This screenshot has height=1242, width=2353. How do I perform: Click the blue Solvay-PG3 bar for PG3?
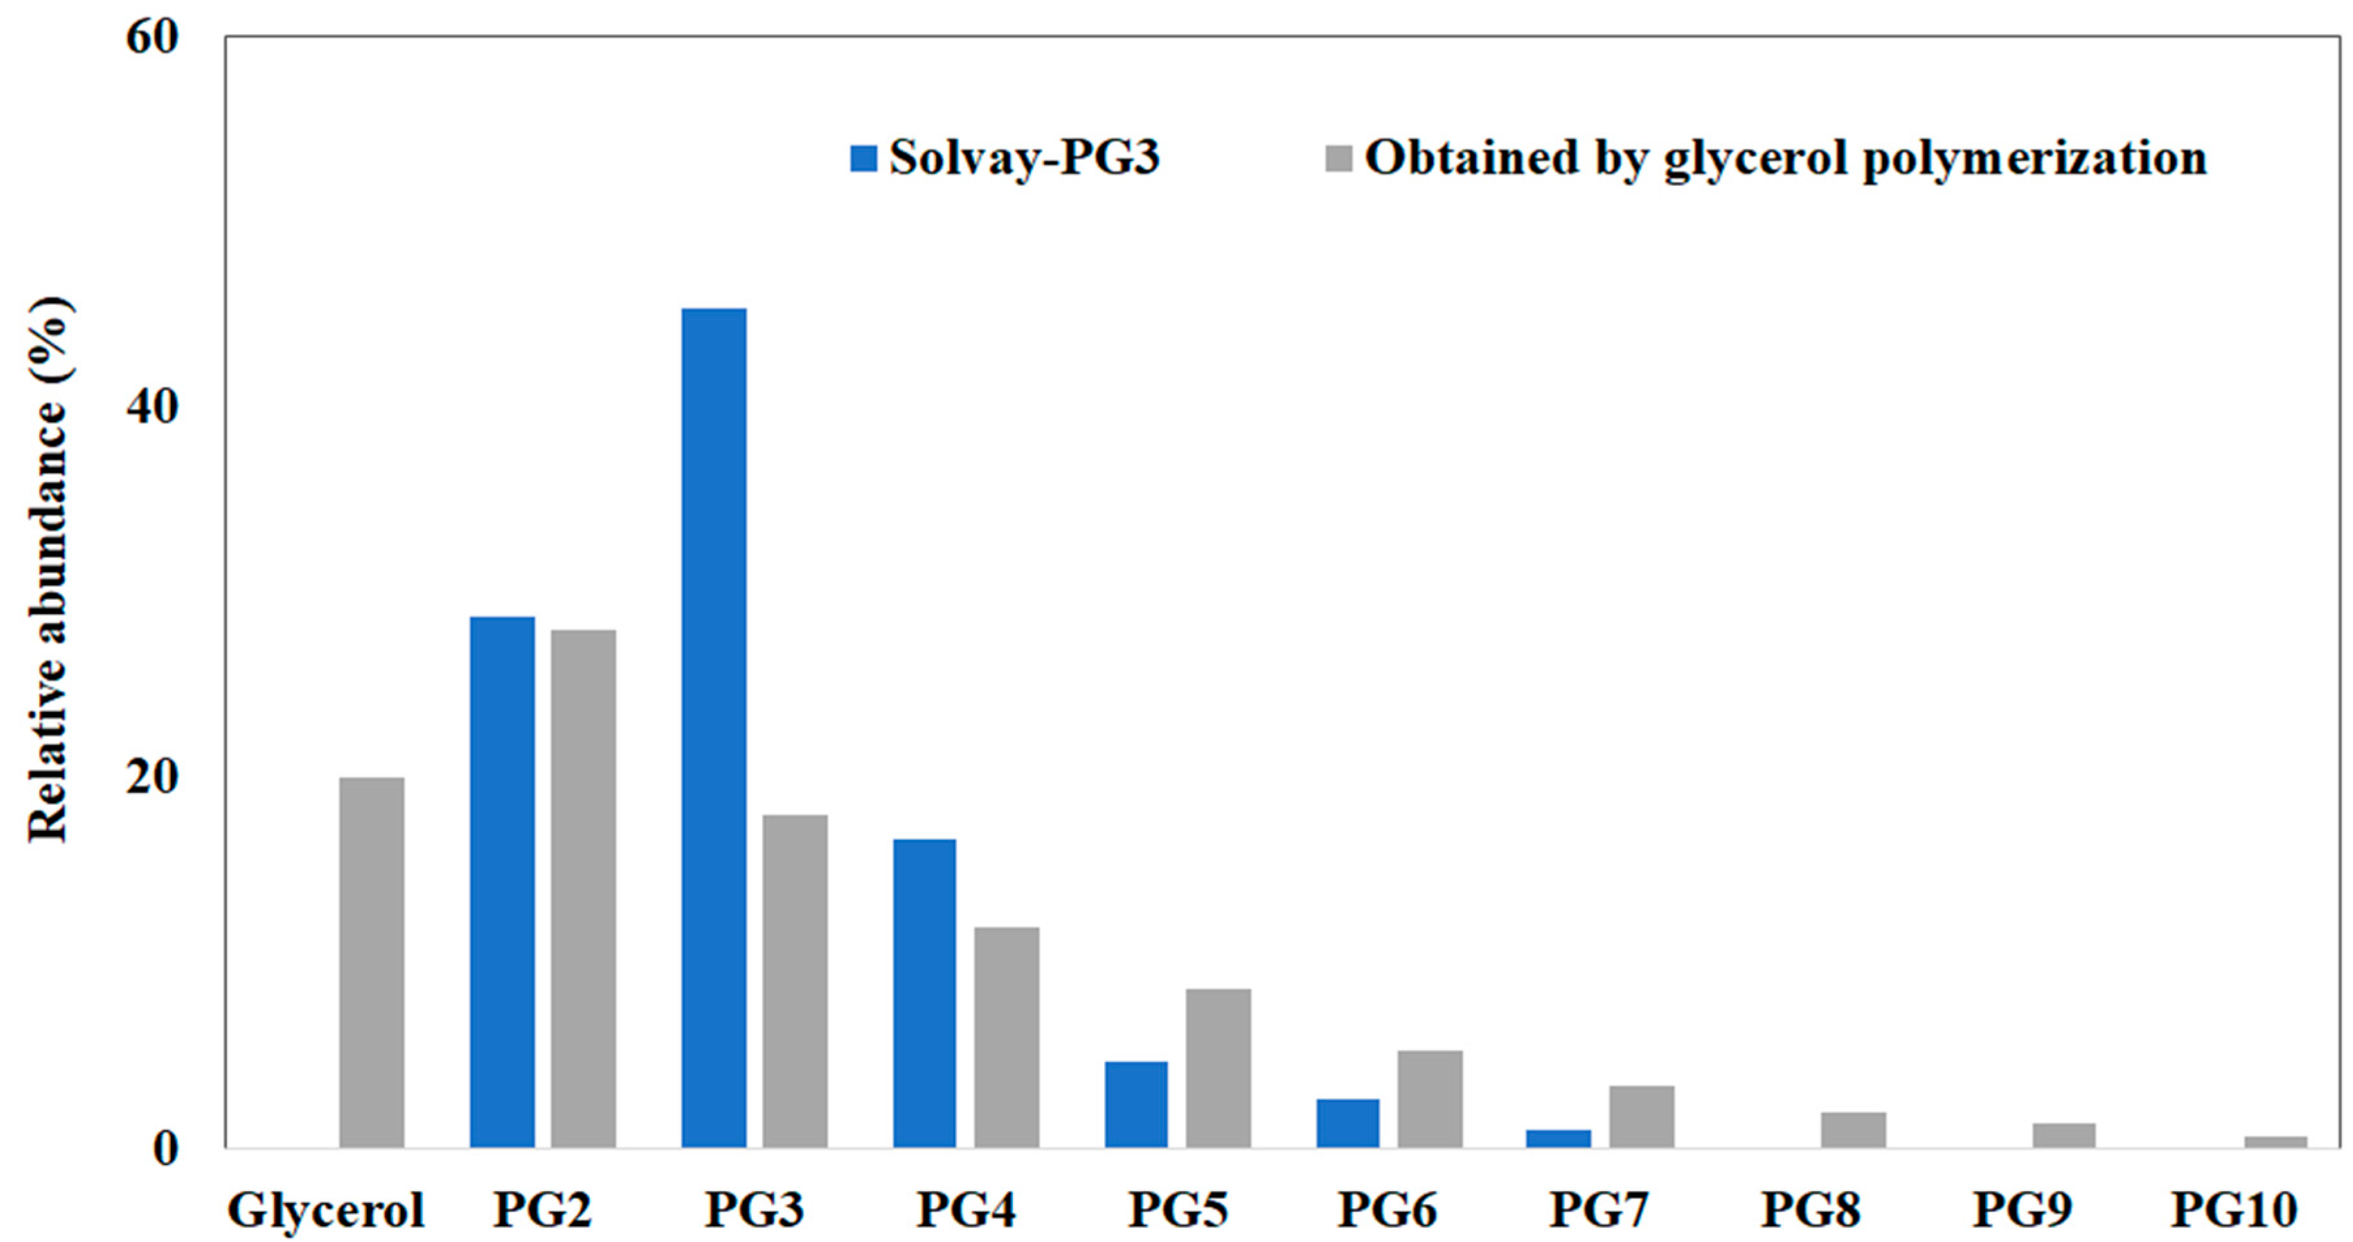713,728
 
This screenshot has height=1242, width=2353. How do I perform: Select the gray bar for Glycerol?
372,963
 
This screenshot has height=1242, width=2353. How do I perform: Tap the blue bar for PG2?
502,882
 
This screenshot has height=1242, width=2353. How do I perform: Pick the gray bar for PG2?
583,888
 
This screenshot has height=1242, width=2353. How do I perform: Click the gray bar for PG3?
795,981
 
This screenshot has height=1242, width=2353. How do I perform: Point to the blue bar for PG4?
925,993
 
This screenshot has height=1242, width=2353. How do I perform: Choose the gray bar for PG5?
1218,1068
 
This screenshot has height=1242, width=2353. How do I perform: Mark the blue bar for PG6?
1347,1123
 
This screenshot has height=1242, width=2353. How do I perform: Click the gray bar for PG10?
2275,1141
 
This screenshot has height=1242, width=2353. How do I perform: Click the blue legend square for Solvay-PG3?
863,158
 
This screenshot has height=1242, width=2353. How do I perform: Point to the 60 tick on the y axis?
153,39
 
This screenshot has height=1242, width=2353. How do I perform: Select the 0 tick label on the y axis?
165,1149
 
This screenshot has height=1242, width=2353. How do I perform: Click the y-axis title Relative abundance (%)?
48,568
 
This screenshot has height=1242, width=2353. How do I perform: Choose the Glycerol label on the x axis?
326,1210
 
